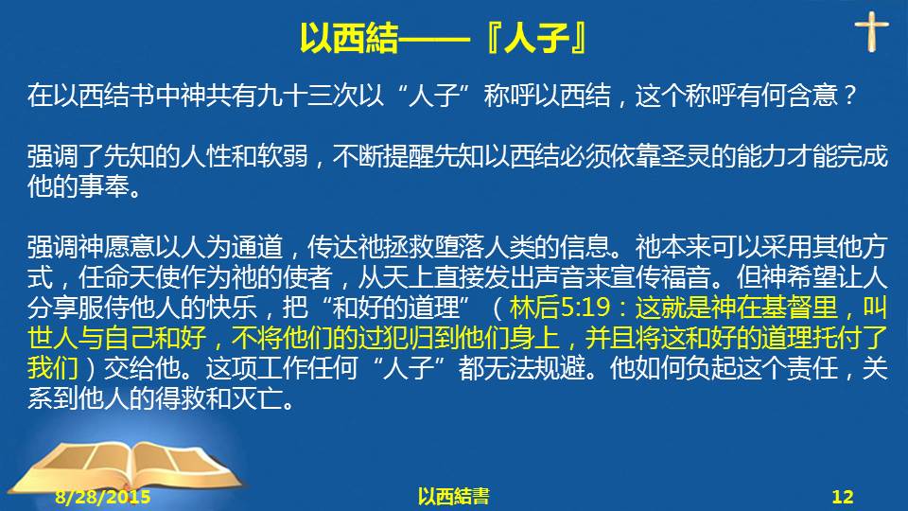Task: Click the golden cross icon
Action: pos(871,31)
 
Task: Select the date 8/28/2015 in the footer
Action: pos(103,497)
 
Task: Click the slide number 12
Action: pos(843,497)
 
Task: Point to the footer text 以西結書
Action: pos(453,497)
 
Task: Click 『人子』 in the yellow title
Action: pos(535,38)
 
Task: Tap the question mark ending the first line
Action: pos(849,95)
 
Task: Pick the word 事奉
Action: pos(103,186)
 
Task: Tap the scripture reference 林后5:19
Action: pos(560,307)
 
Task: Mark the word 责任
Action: pos(812,367)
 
